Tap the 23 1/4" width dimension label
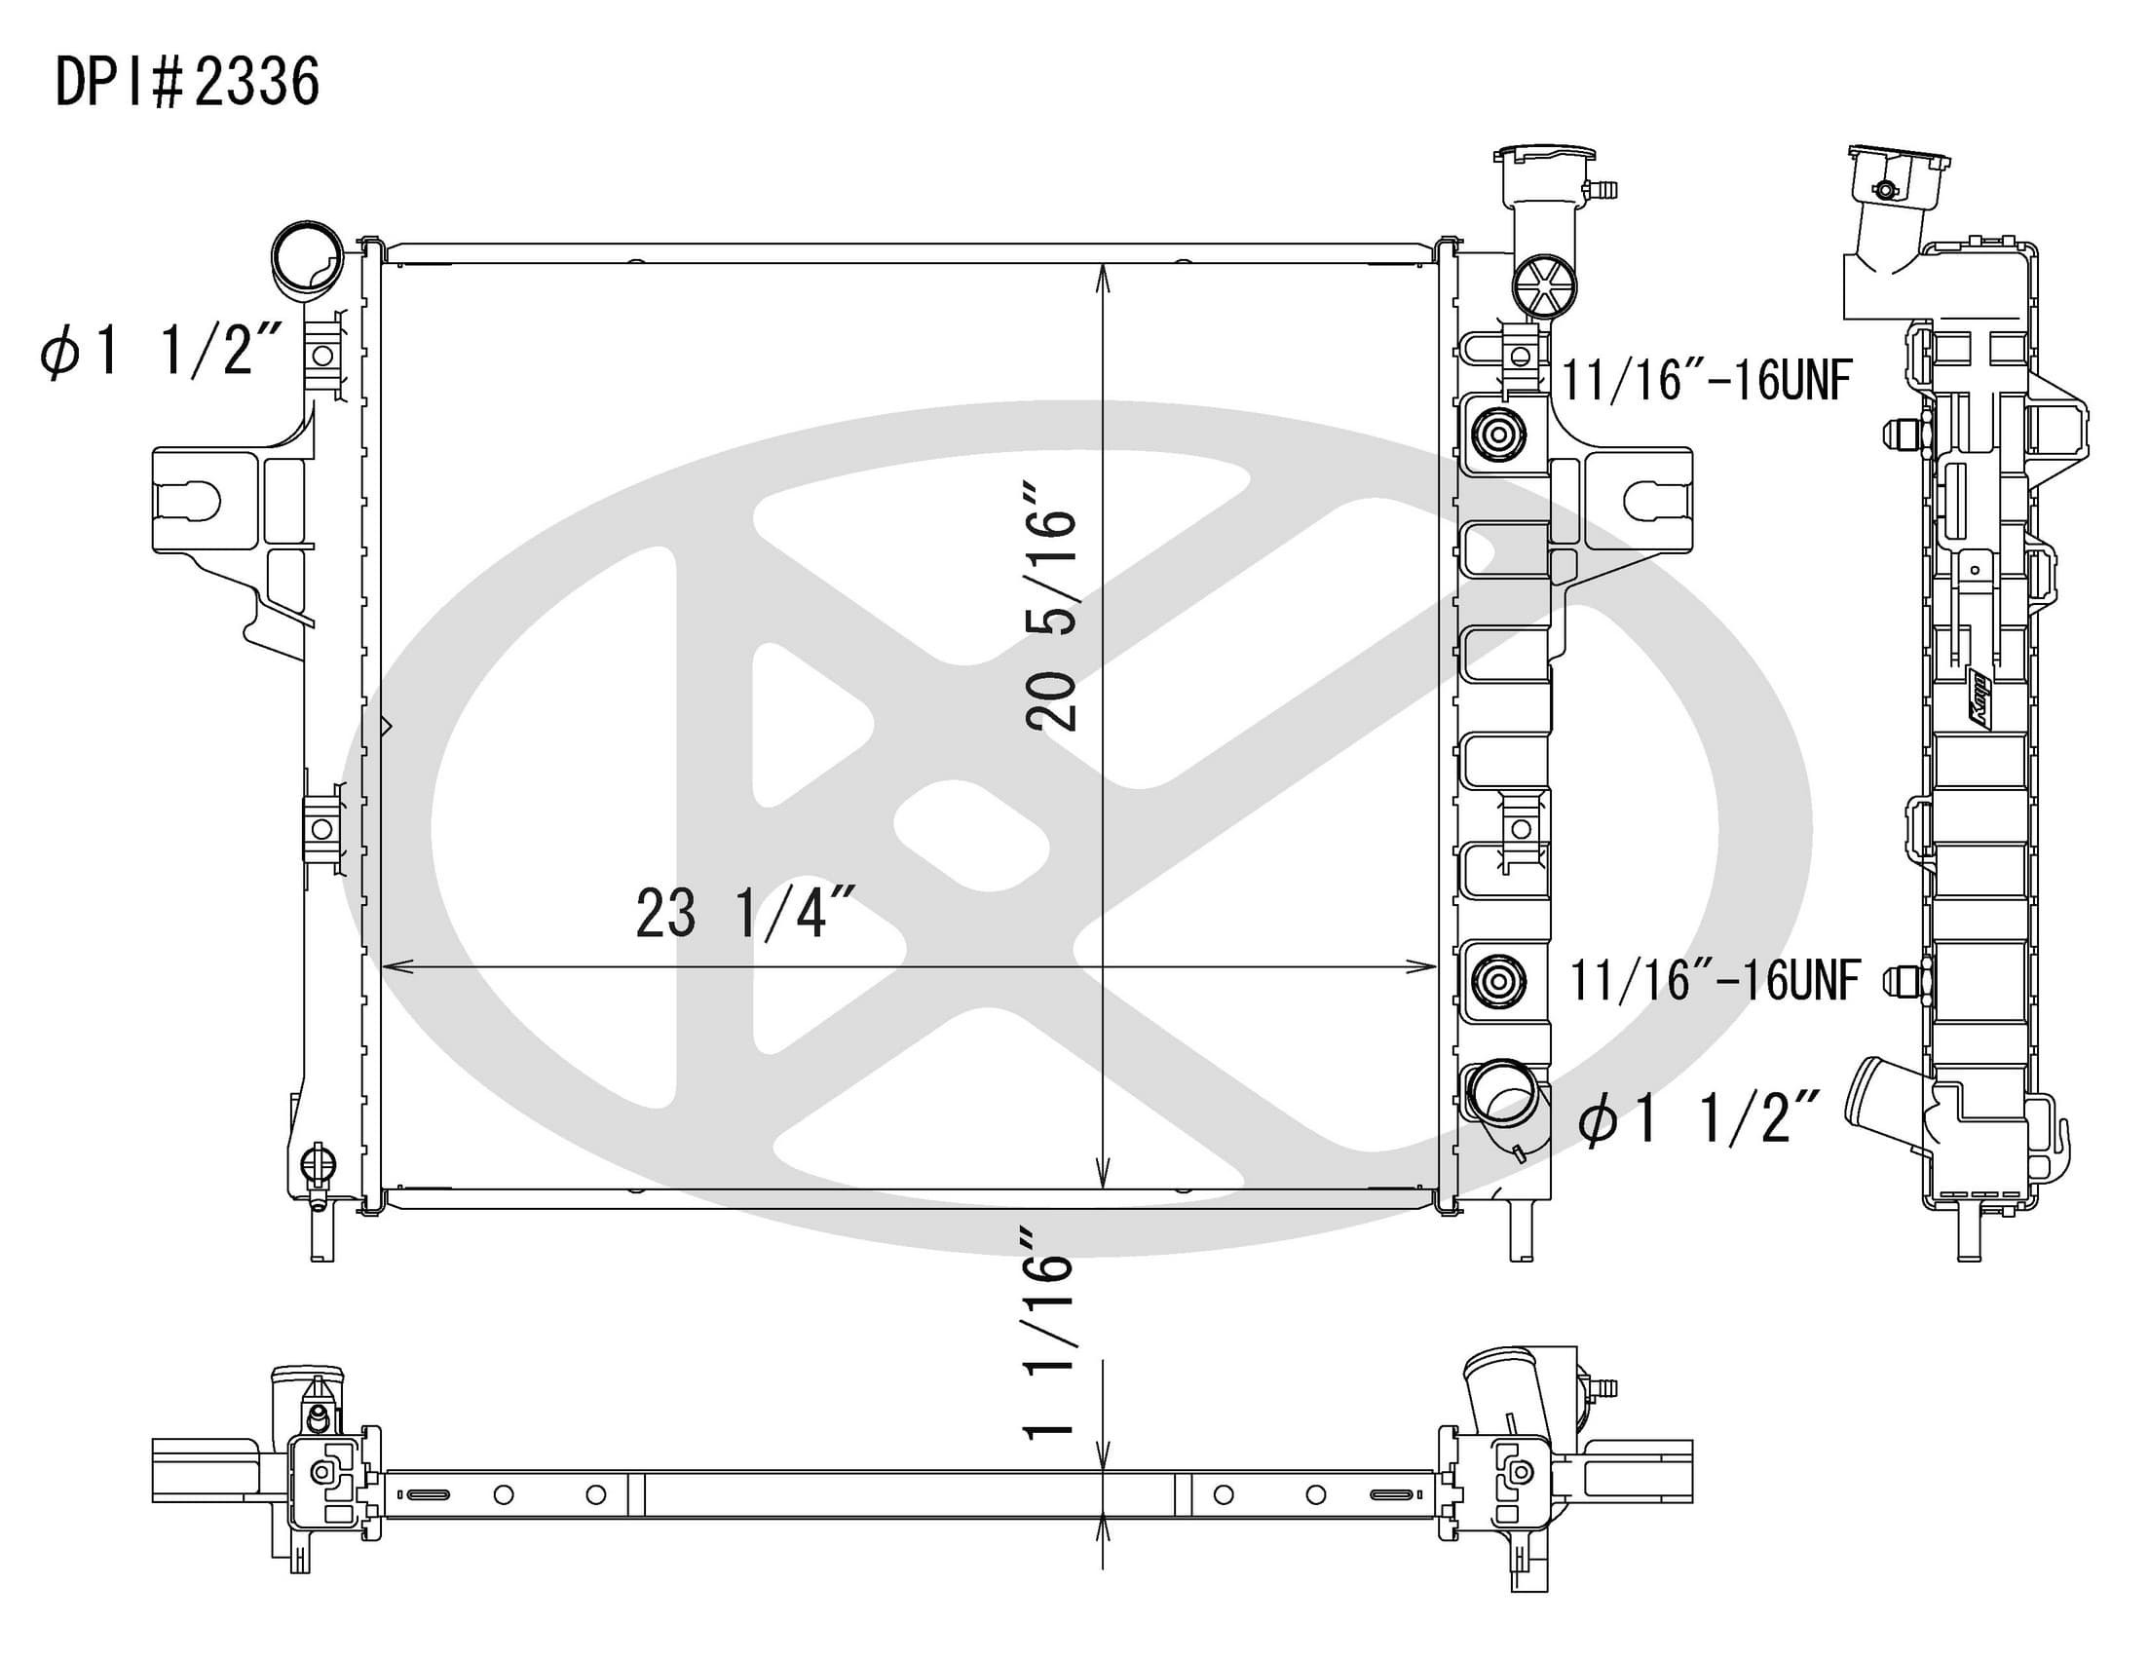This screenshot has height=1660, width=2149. pos(745,913)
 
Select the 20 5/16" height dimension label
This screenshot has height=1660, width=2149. pos(1051,606)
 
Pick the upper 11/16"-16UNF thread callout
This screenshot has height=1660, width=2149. pos(1707,380)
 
